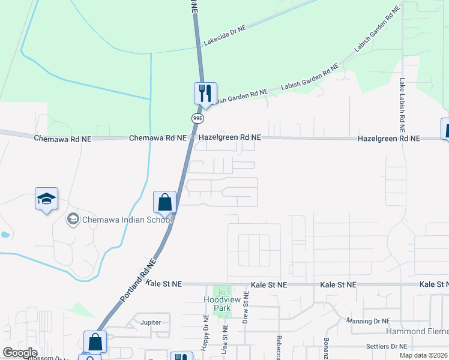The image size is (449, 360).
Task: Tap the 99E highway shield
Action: click(197, 118)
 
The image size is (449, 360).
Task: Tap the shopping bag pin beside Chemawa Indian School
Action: click(164, 202)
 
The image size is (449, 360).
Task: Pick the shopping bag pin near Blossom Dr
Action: click(95, 343)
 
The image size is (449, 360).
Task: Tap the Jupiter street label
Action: click(151, 322)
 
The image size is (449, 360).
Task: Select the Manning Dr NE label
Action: click(369, 321)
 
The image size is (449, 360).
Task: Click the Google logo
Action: click(20, 353)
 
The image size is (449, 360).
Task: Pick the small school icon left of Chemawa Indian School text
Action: click(73, 219)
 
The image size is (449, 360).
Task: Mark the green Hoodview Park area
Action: click(222, 292)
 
